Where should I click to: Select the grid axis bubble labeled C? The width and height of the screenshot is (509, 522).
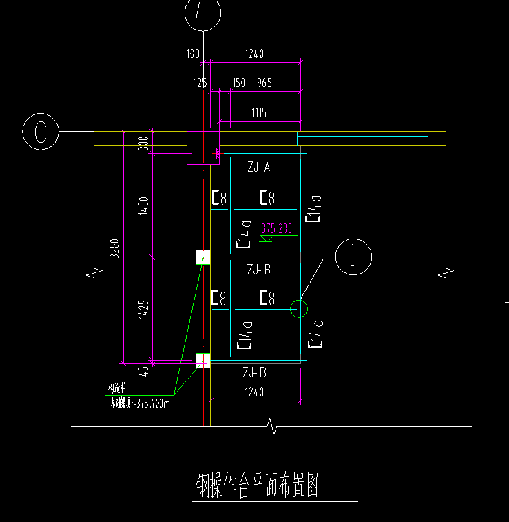point(41,132)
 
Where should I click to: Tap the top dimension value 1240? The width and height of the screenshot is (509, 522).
point(254,53)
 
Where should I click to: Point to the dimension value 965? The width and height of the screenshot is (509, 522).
point(264,83)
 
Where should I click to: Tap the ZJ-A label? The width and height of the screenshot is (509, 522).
point(258,167)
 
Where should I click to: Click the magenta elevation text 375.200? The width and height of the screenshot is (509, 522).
point(276,228)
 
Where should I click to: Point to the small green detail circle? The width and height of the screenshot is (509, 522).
point(298,308)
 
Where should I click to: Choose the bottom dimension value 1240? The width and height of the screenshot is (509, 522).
point(253,392)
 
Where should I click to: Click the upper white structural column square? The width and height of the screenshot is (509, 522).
point(203,257)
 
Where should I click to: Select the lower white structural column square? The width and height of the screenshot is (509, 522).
point(203,360)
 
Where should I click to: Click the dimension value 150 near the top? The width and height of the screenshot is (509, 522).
point(239,83)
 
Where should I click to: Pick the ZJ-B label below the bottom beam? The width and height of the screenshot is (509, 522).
point(254,373)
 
